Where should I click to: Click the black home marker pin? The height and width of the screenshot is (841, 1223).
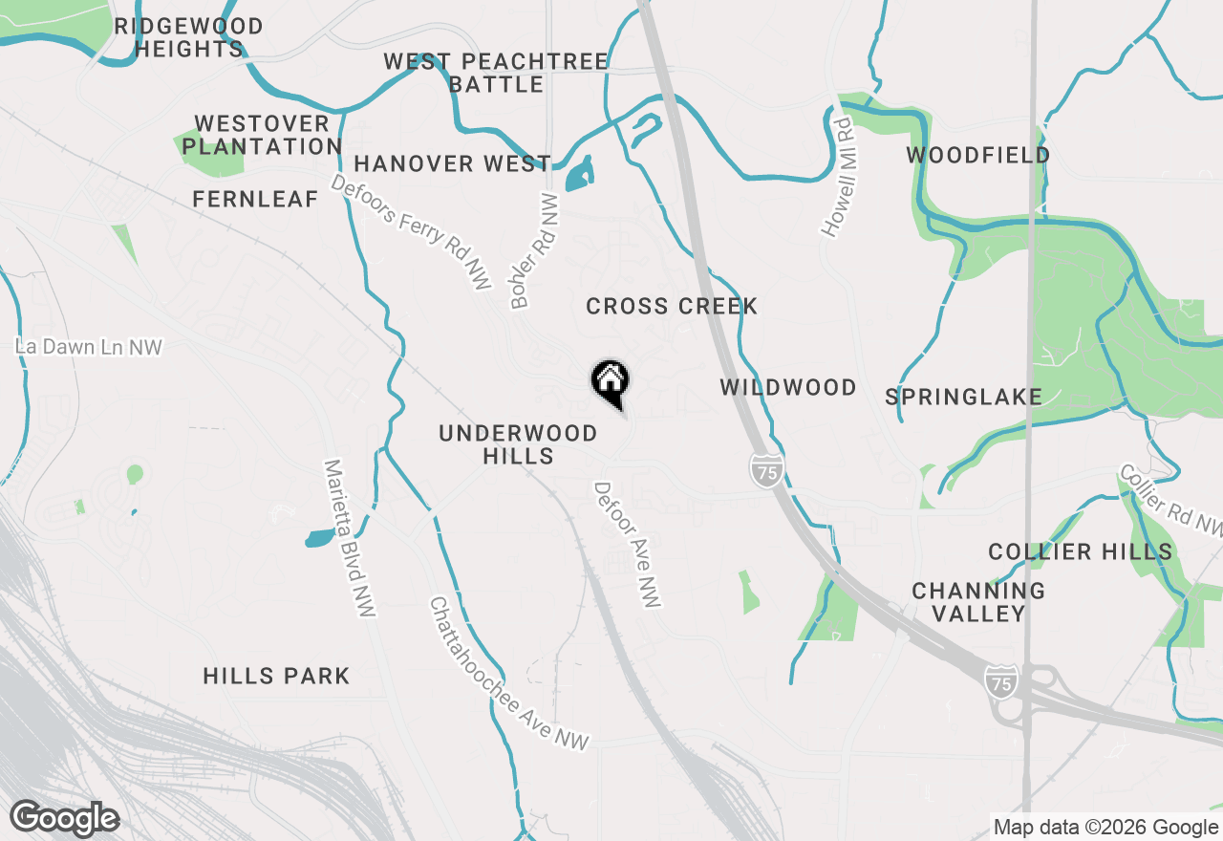click(610, 383)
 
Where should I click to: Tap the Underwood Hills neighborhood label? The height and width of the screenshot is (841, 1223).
click(518, 444)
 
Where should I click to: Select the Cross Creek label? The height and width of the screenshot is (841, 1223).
click(672, 306)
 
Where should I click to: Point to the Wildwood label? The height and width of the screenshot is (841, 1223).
click(788, 387)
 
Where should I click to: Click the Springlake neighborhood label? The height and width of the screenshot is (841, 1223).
click(963, 397)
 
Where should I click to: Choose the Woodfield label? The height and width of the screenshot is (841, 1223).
click(978, 155)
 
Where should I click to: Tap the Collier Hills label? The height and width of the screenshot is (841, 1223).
click(1080, 551)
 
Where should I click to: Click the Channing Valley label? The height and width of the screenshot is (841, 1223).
click(978, 602)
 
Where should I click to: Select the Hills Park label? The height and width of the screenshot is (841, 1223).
click(276, 676)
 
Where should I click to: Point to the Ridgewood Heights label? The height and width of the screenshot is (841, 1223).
click(188, 37)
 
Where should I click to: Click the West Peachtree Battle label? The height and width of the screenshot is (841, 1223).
click(496, 73)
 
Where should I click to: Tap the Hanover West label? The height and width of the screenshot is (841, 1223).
click(452, 163)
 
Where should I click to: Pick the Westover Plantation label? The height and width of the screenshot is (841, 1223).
click(262, 135)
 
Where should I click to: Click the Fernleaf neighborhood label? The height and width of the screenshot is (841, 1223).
click(255, 199)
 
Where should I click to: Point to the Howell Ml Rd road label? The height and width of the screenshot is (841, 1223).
click(837, 177)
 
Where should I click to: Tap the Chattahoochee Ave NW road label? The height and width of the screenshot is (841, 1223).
click(509, 674)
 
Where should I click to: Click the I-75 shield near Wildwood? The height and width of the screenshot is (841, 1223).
click(765, 470)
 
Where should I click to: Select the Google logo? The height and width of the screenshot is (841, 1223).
click(64, 819)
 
